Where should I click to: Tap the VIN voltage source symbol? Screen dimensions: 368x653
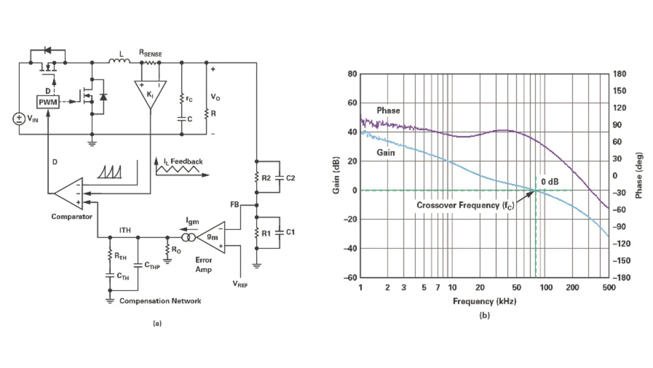click(18, 119)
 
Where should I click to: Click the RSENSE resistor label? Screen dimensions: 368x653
click(150, 52)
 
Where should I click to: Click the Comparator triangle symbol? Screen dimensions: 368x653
click(68, 193)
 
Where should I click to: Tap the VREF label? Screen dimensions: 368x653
click(240, 284)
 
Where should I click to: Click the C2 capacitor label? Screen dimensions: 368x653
click(290, 178)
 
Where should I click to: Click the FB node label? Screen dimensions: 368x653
click(235, 205)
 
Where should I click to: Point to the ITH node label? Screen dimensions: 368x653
click(125, 230)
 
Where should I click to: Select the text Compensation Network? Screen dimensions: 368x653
click(160, 301)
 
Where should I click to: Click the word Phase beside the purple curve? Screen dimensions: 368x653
click(388, 111)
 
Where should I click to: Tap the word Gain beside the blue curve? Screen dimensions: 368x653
click(386, 152)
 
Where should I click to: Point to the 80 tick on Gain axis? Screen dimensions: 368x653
click(352, 74)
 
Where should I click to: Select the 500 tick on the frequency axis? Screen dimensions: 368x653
click(609, 288)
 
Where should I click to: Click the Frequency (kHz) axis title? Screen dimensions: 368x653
click(484, 301)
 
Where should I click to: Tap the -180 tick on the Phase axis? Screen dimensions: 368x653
click(620, 278)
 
